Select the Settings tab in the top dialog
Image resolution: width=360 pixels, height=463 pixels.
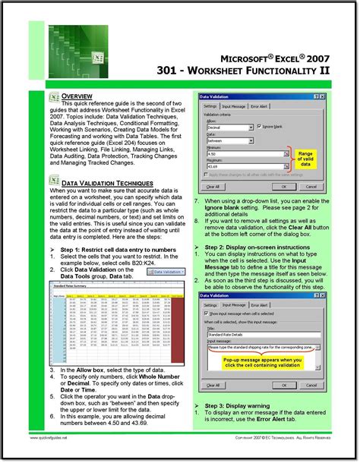pos(210,106)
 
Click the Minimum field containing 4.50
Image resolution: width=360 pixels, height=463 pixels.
pos(232,153)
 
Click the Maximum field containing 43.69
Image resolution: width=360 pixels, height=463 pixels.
pos(232,166)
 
